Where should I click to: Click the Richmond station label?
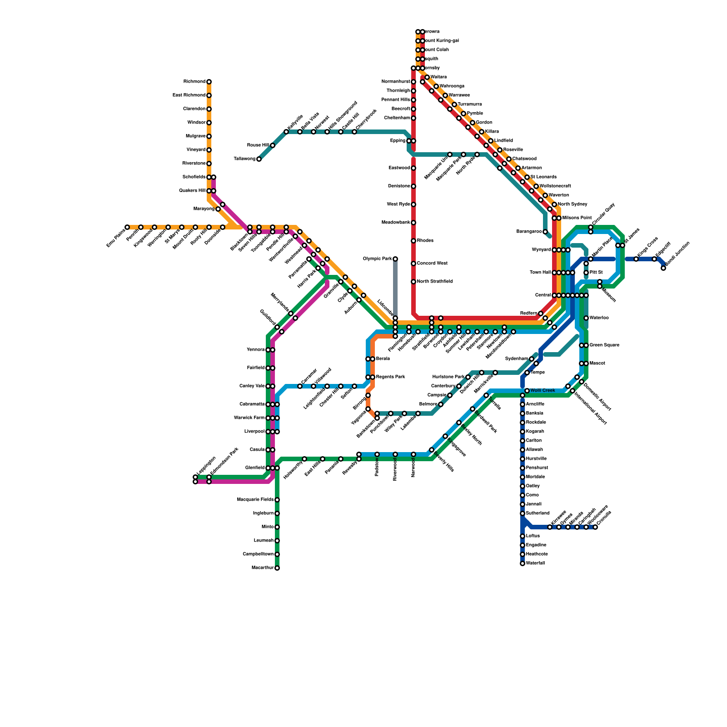coord(194,82)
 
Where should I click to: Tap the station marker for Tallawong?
coord(259,159)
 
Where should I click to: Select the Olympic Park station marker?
coord(395,259)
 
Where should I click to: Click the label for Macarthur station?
coord(262,568)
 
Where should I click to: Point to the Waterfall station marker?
coord(523,563)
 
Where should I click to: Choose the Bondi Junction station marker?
coord(663,268)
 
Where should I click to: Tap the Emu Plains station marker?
coord(127,227)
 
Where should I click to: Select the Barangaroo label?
coord(529,232)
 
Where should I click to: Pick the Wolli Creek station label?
coord(543,391)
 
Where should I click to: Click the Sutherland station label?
coord(538,513)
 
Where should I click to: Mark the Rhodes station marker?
coord(413,241)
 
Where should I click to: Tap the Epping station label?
coord(398,141)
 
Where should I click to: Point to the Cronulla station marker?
coord(595,527)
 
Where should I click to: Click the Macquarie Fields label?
coord(255,500)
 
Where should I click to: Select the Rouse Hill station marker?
coord(273,145)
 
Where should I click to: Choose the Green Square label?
coord(604,345)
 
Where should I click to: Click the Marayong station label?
coord(204,209)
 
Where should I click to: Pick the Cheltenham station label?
coord(397,118)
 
